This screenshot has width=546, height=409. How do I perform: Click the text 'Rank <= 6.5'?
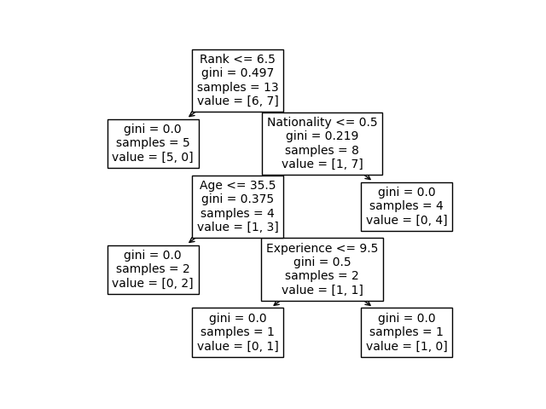[x=237, y=59]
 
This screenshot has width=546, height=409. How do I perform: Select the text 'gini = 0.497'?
[x=237, y=73]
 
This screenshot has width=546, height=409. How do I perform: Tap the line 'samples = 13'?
[x=237, y=87]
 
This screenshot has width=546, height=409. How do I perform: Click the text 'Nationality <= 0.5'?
[x=322, y=122]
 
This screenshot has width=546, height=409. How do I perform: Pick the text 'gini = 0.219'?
[x=322, y=136]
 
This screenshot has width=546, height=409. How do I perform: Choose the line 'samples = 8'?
[x=322, y=150]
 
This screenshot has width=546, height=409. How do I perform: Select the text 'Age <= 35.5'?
[x=237, y=185]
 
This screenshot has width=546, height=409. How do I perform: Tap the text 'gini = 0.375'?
[x=237, y=199]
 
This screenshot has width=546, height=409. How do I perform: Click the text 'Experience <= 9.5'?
[x=322, y=248]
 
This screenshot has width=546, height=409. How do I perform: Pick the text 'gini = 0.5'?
[x=322, y=262]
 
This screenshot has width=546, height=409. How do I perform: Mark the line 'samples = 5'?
[x=153, y=143]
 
